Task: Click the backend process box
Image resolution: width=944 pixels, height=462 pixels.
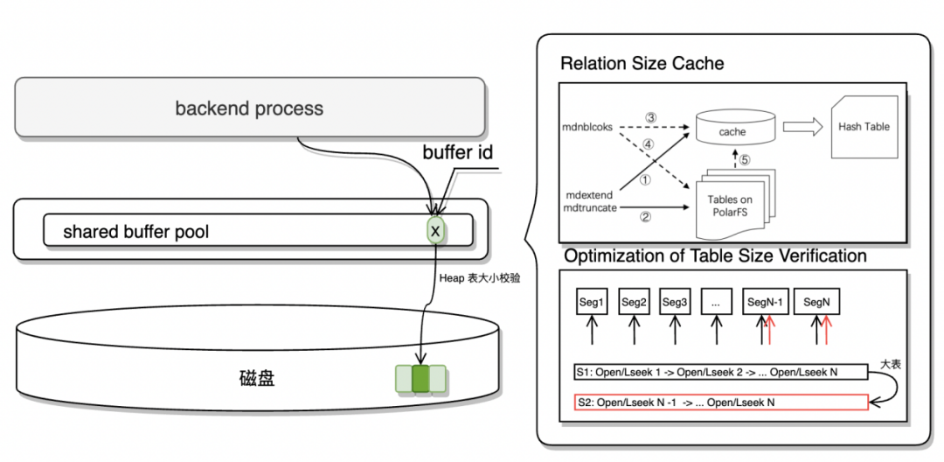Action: (249, 108)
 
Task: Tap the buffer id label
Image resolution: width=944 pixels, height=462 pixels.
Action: (457, 153)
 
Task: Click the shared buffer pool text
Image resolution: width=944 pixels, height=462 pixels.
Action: (135, 232)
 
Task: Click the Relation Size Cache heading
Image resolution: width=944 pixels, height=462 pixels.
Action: (642, 64)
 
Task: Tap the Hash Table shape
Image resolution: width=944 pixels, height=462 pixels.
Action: (863, 127)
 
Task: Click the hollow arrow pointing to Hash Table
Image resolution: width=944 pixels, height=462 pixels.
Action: (801, 127)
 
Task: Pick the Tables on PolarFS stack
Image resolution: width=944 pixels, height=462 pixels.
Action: (731, 206)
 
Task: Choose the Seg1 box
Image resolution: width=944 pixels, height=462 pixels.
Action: (592, 303)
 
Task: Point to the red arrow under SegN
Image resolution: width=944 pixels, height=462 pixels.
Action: (826, 332)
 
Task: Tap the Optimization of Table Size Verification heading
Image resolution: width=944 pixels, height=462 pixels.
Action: (715, 256)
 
